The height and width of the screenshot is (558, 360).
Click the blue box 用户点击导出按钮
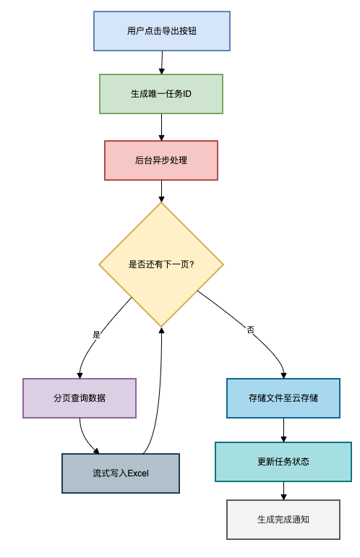[x=162, y=30]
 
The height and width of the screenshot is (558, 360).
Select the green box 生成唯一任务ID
[x=161, y=94]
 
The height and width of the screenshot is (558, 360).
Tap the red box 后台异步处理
[x=161, y=160]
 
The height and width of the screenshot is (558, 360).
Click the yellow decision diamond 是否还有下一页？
[x=161, y=265]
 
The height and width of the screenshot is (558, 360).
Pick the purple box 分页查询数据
[x=80, y=398]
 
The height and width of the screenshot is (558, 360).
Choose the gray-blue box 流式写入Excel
[x=121, y=473]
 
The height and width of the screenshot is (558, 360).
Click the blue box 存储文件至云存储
[x=283, y=398]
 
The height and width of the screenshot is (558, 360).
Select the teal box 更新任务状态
[x=283, y=461]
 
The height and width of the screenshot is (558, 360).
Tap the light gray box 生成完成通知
[x=283, y=519]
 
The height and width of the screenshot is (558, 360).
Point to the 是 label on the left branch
[x=97, y=335]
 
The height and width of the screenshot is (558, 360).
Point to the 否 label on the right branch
[x=251, y=330]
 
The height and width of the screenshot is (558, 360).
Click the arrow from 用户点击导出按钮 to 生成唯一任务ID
[x=162, y=62]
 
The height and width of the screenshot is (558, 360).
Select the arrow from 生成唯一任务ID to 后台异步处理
[x=161, y=127]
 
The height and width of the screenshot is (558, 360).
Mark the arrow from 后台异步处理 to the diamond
[x=161, y=191]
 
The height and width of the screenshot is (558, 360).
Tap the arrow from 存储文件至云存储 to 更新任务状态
[x=283, y=430]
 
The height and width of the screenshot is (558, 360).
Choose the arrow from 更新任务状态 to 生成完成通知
[x=283, y=491]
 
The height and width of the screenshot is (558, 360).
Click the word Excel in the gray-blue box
[x=137, y=473]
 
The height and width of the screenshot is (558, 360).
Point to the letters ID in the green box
[x=187, y=94]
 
